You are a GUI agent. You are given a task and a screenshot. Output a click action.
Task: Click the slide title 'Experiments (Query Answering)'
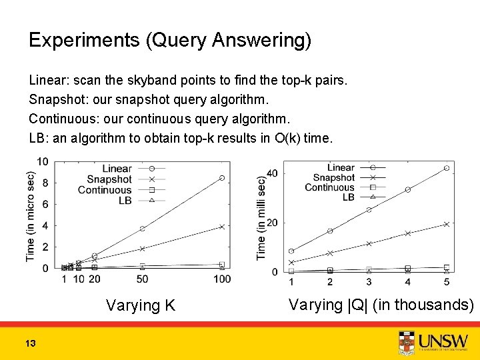[170, 41]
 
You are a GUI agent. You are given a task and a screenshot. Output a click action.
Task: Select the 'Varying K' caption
[141, 306]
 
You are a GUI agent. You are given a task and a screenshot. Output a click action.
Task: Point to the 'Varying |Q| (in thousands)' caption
[381, 305]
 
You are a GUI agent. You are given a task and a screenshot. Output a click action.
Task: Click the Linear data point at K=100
[222, 178]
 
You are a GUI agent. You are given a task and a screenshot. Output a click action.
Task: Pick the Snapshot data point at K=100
[222, 227]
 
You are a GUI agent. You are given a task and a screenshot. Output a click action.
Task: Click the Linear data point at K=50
[143, 229]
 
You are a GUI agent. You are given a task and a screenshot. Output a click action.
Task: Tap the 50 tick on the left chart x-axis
[143, 279]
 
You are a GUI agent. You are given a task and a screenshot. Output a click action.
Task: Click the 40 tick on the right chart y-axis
[272, 173]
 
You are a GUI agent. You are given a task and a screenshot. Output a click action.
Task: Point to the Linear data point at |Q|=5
[446, 168]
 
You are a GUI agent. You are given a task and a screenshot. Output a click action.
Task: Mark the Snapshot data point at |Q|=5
[446, 224]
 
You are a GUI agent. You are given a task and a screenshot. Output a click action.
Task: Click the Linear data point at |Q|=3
[369, 210]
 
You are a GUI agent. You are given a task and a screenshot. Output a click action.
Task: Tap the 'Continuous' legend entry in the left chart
[105, 190]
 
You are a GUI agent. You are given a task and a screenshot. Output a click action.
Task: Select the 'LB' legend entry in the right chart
[348, 197]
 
